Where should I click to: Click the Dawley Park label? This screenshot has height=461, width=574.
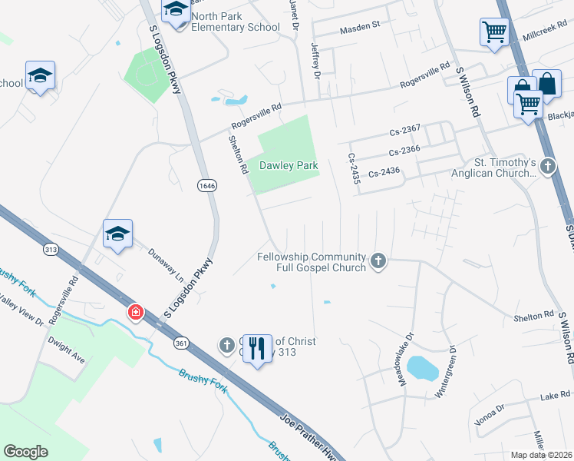pyautogui.click(x=289, y=165)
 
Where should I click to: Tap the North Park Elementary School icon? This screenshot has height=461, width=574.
pyautogui.click(x=176, y=10)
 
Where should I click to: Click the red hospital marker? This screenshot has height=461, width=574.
pyautogui.click(x=135, y=313)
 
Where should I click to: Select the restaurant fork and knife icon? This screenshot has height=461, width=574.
pyautogui.click(x=259, y=348)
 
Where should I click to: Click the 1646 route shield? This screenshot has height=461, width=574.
pyautogui.click(x=206, y=185)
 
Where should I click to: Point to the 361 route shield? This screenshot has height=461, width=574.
pyautogui.click(x=181, y=342)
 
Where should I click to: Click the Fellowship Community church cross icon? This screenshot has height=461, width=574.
pyautogui.click(x=377, y=262)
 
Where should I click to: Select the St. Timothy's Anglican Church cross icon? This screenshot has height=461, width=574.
pyautogui.click(x=548, y=166)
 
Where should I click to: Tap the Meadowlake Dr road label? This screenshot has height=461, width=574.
pyautogui.click(x=404, y=349)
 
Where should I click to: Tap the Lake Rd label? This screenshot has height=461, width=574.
pyautogui.click(x=555, y=395)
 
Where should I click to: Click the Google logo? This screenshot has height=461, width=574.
pyautogui.click(x=26, y=452)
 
